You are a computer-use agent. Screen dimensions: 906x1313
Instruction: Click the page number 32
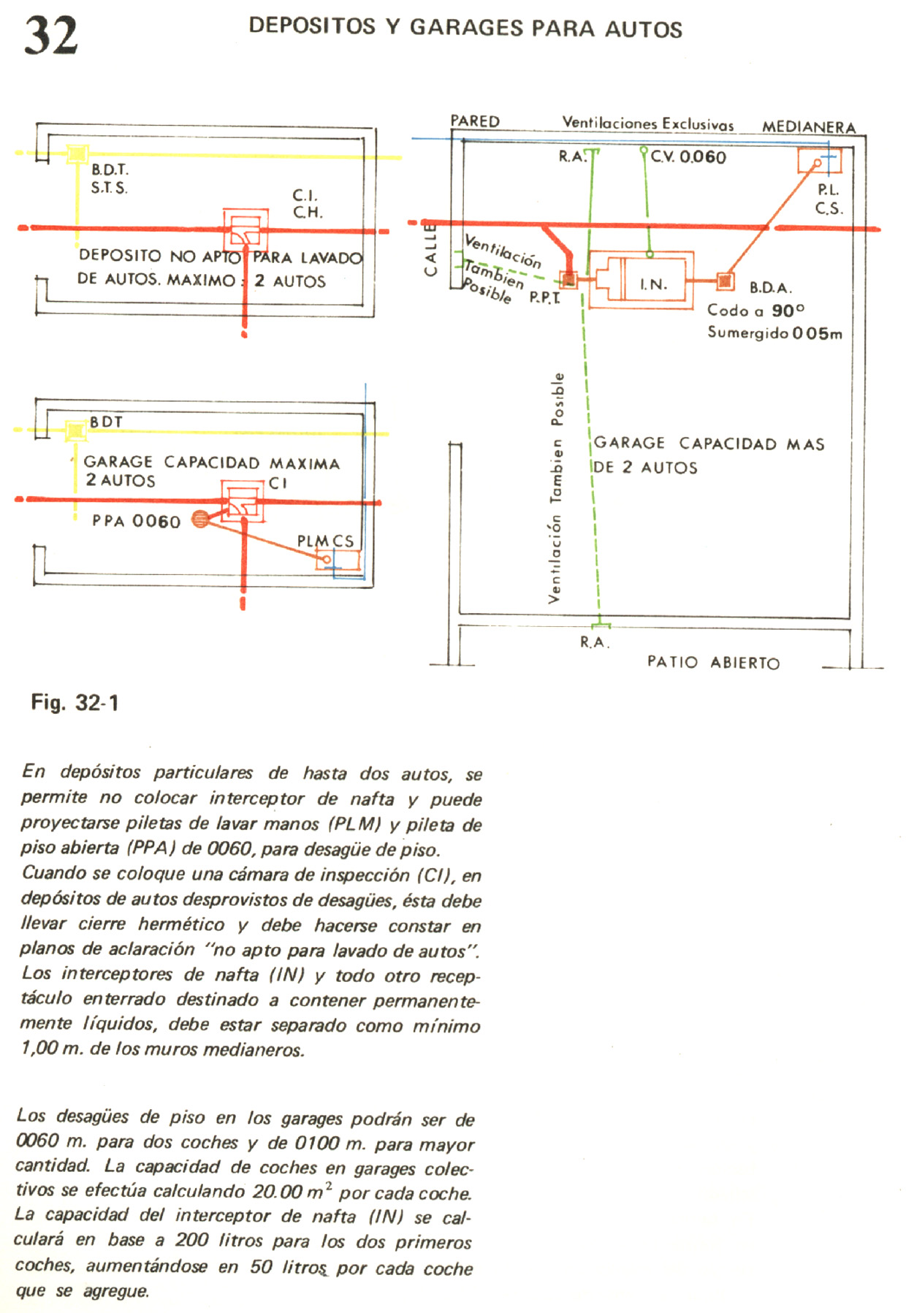tap(51, 35)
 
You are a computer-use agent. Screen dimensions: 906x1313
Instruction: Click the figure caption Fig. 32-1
tap(75, 703)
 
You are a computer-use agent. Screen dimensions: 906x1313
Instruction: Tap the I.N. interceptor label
tap(653, 284)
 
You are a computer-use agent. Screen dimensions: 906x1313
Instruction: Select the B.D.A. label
tap(770, 287)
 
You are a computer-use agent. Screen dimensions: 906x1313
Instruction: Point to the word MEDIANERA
tap(809, 127)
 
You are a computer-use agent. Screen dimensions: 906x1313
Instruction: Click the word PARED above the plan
tap(475, 121)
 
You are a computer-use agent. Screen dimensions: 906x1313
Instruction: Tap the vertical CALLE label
tap(430, 250)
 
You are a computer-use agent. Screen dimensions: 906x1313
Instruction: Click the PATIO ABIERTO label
tap(713, 663)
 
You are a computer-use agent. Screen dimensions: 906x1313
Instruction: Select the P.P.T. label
tap(544, 297)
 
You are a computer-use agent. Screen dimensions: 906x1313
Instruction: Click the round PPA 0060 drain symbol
tap(199, 519)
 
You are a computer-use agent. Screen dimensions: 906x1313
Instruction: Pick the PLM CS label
tap(325, 541)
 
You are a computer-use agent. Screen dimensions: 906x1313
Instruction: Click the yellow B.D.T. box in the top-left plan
tap(77, 154)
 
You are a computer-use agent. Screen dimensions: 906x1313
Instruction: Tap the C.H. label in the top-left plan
tap(308, 213)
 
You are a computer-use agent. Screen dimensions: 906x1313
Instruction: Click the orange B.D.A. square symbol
tap(725, 281)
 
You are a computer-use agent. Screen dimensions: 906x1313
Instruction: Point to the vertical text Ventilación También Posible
tap(557, 487)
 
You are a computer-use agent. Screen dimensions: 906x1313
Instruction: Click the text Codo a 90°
tap(755, 311)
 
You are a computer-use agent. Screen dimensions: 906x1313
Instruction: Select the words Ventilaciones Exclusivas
tap(648, 123)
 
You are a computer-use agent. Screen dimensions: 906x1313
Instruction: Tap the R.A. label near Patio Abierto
tap(595, 642)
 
